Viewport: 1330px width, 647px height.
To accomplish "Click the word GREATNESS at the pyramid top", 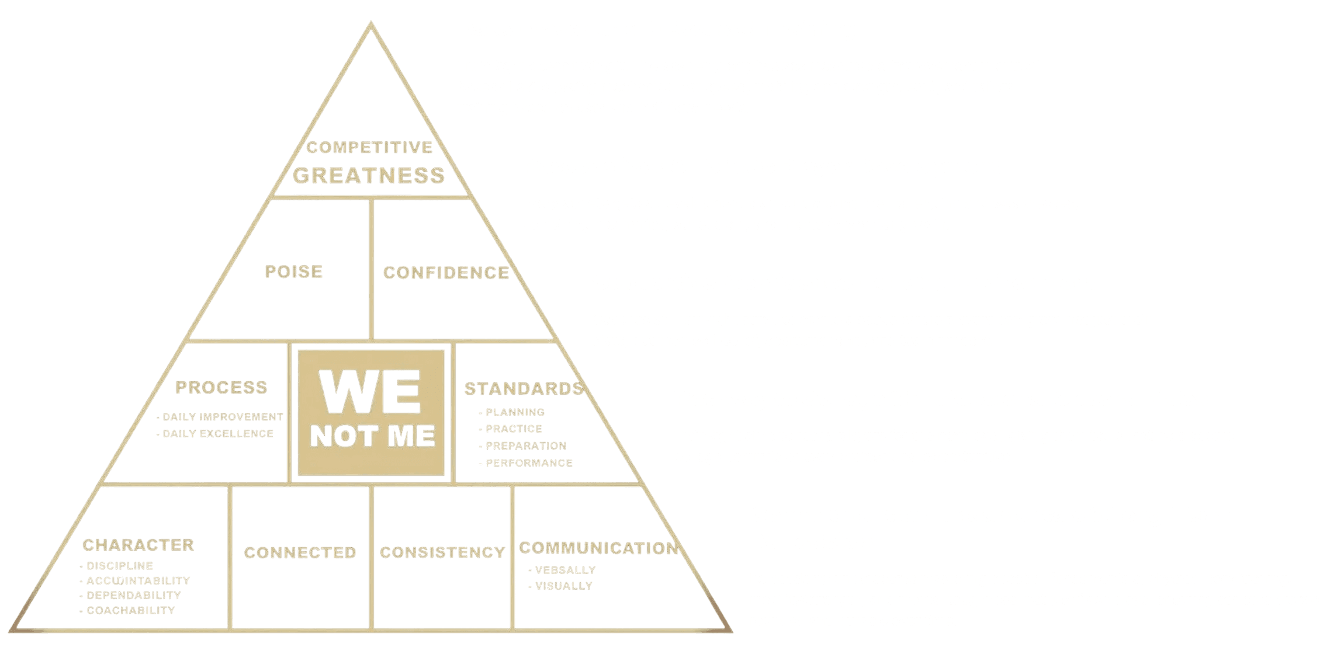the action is (x=369, y=176).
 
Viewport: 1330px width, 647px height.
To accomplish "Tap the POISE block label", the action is (x=293, y=272).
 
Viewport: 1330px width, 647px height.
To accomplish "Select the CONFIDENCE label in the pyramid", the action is (x=446, y=273).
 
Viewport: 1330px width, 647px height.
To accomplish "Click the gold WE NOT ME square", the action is (x=372, y=412).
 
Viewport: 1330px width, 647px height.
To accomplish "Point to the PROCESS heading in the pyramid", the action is (x=221, y=387).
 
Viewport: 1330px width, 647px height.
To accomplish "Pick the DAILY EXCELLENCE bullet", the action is (x=217, y=434).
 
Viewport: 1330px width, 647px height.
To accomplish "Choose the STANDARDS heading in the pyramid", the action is (x=524, y=388).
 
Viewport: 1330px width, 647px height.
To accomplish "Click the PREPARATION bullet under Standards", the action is (x=525, y=446).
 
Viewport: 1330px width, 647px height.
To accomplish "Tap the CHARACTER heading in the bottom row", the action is (x=138, y=545).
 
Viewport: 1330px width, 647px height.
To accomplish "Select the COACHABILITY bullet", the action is (x=130, y=610).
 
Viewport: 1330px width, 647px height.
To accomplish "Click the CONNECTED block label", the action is (x=300, y=552).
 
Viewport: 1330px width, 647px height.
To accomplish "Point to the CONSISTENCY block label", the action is (x=442, y=552).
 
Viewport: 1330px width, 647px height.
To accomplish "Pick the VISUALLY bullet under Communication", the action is (x=563, y=586).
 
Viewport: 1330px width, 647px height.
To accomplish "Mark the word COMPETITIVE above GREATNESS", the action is (x=369, y=147).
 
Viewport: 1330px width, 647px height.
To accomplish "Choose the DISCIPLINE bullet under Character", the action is (x=119, y=566).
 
